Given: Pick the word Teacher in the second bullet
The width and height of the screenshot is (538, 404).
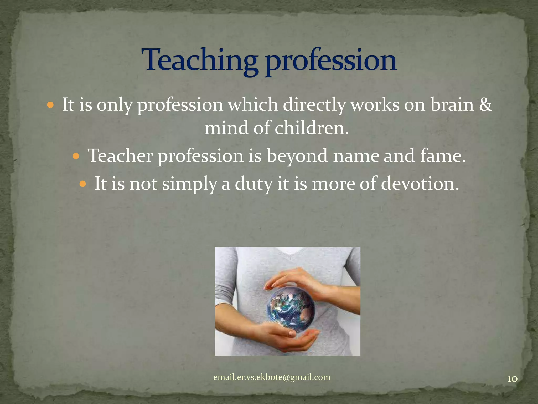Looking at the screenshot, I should tap(120, 155).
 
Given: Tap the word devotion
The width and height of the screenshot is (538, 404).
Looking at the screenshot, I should tap(420, 183).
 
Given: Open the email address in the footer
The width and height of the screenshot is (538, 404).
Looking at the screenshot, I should tap(272, 377).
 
